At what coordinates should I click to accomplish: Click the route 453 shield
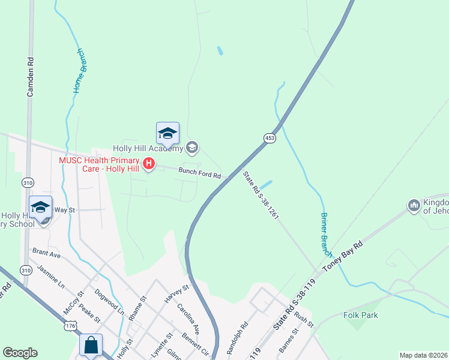point(270,138)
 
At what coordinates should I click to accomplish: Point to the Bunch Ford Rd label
point(200,173)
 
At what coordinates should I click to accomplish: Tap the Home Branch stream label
point(79,70)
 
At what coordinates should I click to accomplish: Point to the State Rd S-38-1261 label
point(261,195)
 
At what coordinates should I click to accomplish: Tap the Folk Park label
point(361,315)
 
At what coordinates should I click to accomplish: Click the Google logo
point(20,353)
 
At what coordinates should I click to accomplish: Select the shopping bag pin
point(91,345)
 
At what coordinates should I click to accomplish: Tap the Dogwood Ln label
point(113,303)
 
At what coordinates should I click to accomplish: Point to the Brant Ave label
point(47,254)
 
